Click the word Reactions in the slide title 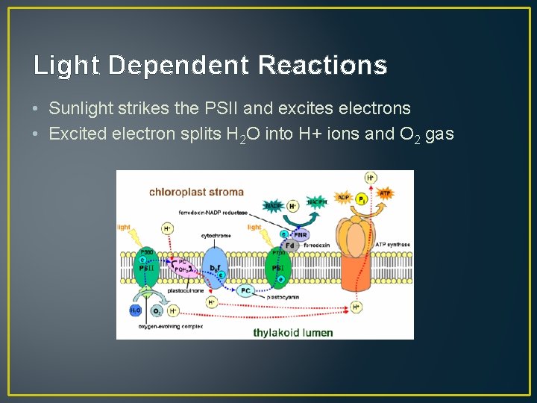pyautogui.click(x=322, y=66)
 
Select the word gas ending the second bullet pyautogui.click(x=439, y=134)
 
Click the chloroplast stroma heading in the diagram pyautogui.click(x=196, y=192)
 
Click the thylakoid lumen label pyautogui.click(x=292, y=332)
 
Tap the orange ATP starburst pyautogui.click(x=385, y=193)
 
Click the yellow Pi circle pyautogui.click(x=361, y=200)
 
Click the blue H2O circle pyautogui.click(x=136, y=310)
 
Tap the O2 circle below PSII pyautogui.click(x=156, y=310)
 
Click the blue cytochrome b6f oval pyautogui.click(x=214, y=266)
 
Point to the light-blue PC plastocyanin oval pyautogui.click(x=246, y=290)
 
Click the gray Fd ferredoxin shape pyautogui.click(x=291, y=245)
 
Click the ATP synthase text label pyautogui.click(x=392, y=245)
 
